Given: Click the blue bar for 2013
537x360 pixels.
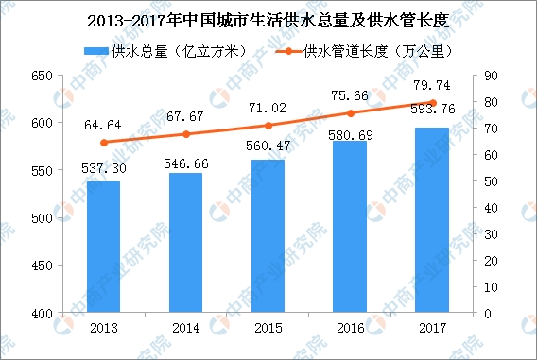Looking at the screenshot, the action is pyautogui.click(x=103, y=247).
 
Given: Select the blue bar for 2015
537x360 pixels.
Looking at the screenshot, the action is pyautogui.click(x=268, y=236).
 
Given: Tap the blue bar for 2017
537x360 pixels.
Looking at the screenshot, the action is pyautogui.click(x=432, y=220).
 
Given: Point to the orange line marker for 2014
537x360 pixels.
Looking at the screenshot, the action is pyautogui.click(x=186, y=134).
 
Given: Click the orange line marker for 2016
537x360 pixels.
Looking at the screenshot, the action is pyautogui.click(x=351, y=113).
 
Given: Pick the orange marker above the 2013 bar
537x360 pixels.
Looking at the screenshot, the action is pyautogui.click(x=104, y=143).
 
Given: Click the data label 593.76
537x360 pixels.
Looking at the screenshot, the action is pyautogui.click(x=433, y=110).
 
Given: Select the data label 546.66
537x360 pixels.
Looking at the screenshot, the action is pyautogui.click(x=186, y=163).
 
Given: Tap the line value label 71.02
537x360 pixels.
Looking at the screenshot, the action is pyautogui.click(x=268, y=108).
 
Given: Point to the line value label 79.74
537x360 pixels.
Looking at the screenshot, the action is pyautogui.click(x=432, y=85).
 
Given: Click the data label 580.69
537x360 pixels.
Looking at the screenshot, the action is pyautogui.click(x=351, y=135).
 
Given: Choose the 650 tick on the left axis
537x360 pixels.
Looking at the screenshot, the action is pyautogui.click(x=42, y=76).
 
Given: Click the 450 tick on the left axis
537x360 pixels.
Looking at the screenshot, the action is pyautogui.click(x=42, y=266).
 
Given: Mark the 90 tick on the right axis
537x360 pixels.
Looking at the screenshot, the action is pyautogui.click(x=491, y=76).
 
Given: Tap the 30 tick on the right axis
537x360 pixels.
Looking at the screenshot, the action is pyautogui.click(x=491, y=234).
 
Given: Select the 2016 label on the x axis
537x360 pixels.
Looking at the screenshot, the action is pyautogui.click(x=351, y=328).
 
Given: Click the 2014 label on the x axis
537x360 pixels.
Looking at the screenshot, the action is pyautogui.click(x=186, y=328).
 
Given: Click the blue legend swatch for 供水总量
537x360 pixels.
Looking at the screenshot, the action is pyautogui.click(x=96, y=51).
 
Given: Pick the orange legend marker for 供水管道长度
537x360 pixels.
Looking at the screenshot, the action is pyautogui.click(x=288, y=51).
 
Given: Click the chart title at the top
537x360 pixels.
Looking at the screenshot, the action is pyautogui.click(x=268, y=21).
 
